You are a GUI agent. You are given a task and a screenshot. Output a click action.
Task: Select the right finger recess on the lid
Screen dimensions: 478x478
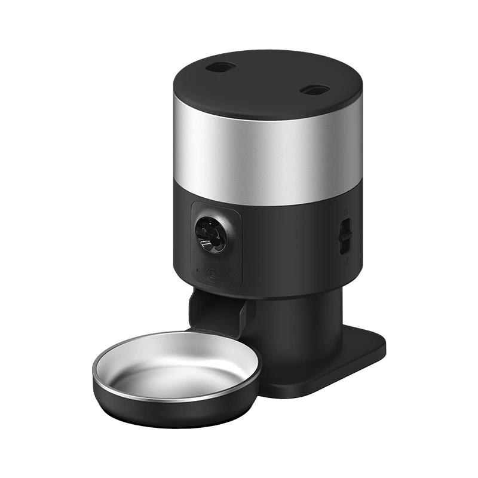click(x=314, y=90)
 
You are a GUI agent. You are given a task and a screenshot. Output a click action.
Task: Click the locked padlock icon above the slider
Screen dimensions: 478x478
click(x=346, y=212)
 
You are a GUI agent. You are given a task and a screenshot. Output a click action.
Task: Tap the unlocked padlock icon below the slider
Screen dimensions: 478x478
click(x=345, y=261)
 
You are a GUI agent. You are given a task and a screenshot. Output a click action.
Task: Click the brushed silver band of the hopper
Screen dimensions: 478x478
click(x=263, y=149)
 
